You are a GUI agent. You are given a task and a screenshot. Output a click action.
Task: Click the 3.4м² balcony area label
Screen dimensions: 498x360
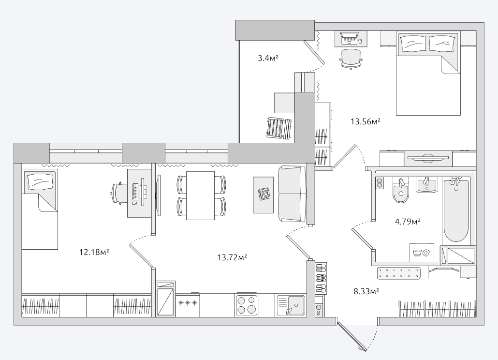pyautogui.click(x=268, y=58)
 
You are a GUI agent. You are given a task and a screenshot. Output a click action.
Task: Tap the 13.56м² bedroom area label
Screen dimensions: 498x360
pyautogui.click(x=366, y=121)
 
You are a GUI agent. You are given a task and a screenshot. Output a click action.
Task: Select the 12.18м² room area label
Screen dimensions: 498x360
pyautogui.click(x=94, y=252)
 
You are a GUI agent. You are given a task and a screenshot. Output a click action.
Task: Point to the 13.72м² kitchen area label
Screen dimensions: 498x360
pyautogui.click(x=232, y=257)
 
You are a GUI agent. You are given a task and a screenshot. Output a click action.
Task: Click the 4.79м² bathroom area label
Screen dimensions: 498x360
pyautogui.click(x=408, y=221)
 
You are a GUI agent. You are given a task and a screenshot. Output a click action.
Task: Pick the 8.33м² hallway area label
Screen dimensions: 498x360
pyautogui.click(x=366, y=291)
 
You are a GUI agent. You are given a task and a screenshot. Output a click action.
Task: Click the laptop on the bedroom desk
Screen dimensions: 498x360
pyautogui.click(x=350, y=38)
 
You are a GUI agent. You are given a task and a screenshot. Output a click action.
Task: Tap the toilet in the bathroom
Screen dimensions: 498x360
pyautogui.click(x=400, y=190)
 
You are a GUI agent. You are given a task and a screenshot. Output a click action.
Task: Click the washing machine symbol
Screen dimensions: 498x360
pyautogui.click(x=422, y=253)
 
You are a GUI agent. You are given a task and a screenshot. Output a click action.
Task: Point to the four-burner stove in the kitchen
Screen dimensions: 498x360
pyautogui.click(x=247, y=304)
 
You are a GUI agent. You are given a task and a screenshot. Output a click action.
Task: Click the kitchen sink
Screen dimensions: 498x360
pyautogui.click(x=291, y=305)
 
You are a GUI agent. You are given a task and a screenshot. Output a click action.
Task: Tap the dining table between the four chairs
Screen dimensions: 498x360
pyautogui.click(x=200, y=195)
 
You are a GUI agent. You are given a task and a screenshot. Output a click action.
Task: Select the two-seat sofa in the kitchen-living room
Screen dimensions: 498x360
pyautogui.click(x=292, y=194)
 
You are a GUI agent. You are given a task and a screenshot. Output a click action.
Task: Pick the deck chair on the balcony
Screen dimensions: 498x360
pyautogui.click(x=279, y=128)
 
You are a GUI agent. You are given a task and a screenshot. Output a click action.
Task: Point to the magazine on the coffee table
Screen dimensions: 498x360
pyautogui.click(x=264, y=194)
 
